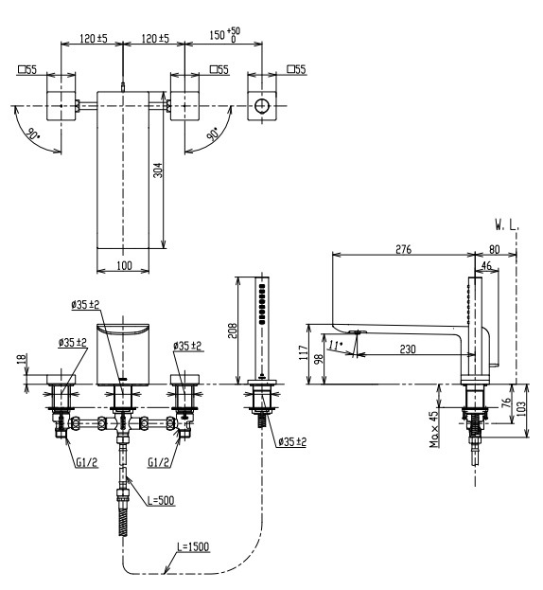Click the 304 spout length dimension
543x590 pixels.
pos(159,170)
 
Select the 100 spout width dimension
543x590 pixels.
pos(124,266)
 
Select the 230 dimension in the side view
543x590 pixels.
pos(408,349)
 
